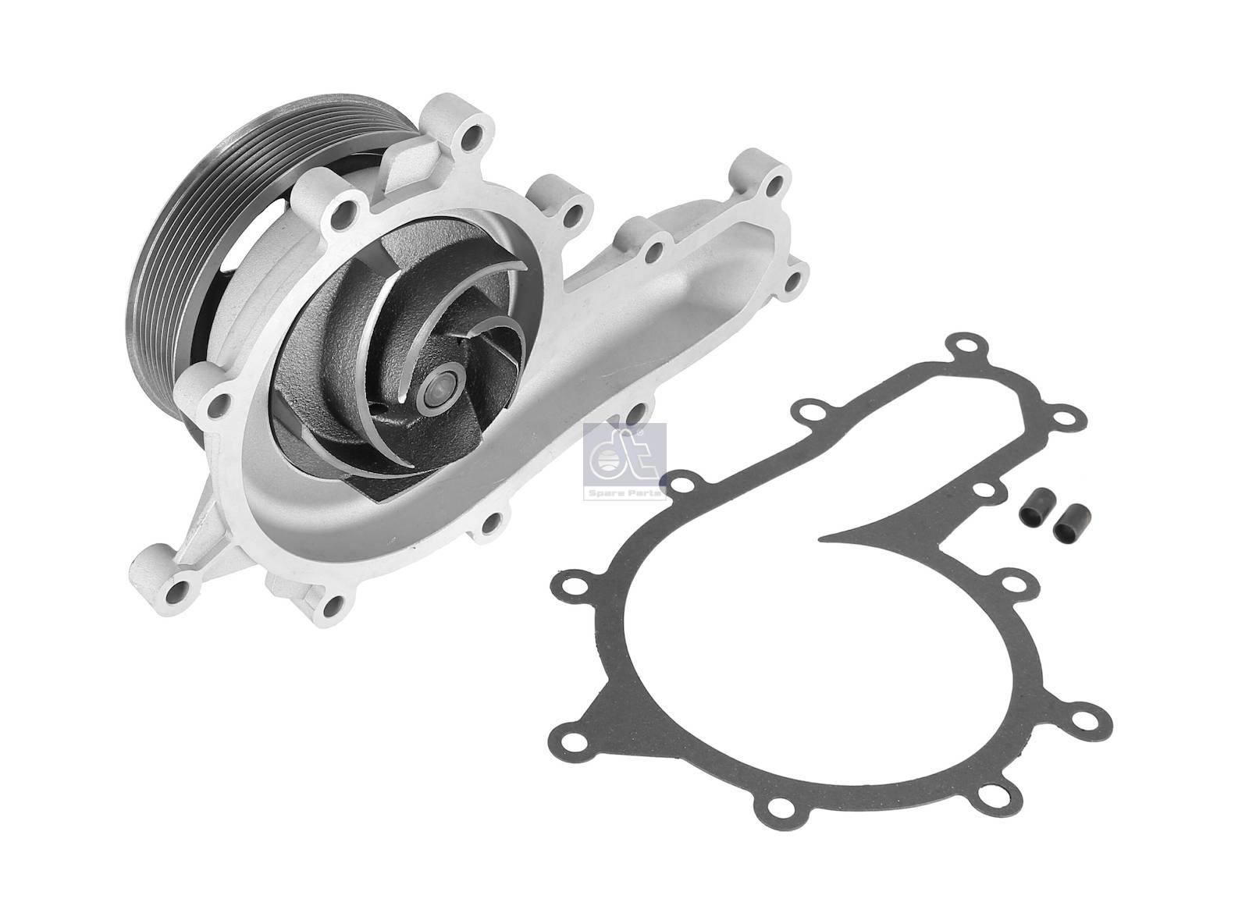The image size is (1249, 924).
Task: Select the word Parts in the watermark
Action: tap(646, 494)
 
